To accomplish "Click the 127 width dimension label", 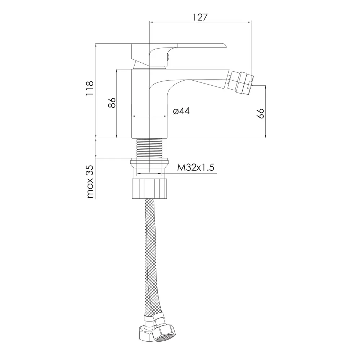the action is (200, 17).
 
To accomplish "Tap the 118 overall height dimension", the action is (90, 89).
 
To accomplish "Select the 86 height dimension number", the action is (112, 103).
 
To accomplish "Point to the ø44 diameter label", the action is (181, 111).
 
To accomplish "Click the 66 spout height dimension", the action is (260, 113).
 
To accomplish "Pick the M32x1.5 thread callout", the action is (195, 167).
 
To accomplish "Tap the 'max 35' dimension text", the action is (90, 181).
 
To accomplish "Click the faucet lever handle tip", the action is (225, 45).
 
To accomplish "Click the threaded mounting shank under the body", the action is (149, 148).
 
